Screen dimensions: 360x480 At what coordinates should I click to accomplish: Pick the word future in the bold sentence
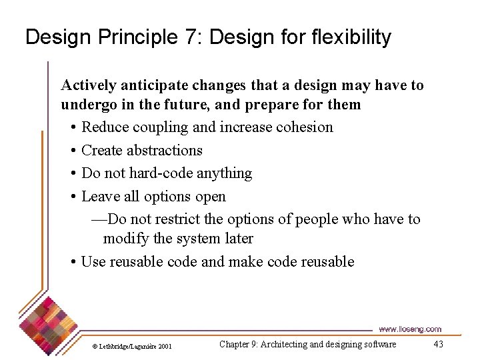pos(193,105)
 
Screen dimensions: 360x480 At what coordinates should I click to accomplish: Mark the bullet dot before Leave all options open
pos(73,197)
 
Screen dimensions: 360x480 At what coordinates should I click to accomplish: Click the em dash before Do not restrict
pos(98,219)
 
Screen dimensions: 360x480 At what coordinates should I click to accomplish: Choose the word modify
pos(126,238)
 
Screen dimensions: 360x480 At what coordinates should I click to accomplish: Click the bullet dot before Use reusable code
pos(73,262)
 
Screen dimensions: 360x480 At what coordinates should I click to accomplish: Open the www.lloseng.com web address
pos(409,329)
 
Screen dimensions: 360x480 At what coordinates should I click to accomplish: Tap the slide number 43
pos(438,344)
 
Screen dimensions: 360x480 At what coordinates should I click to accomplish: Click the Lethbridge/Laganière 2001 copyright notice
pos(132,346)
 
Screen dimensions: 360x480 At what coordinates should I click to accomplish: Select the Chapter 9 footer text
pos(307,344)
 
